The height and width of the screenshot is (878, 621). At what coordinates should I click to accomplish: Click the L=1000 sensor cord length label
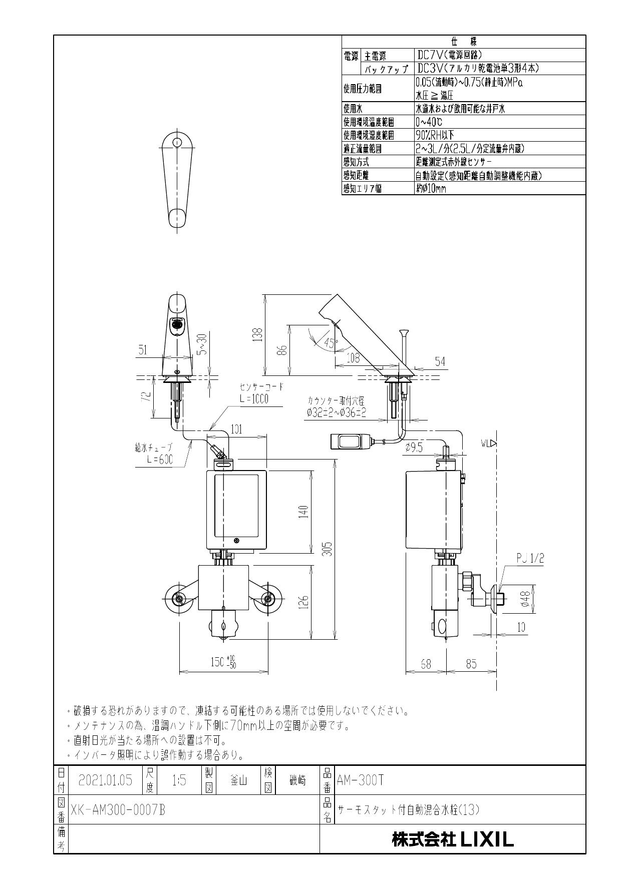click(254, 399)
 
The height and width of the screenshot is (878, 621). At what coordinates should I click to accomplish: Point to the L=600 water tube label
click(160, 460)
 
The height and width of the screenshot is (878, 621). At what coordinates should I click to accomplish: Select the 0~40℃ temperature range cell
click(429, 122)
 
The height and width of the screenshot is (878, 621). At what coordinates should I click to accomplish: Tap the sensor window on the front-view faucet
click(176, 324)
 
